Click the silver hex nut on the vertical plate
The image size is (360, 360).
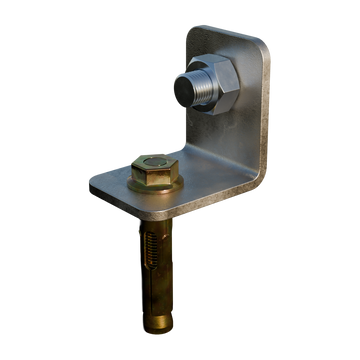point(223,89)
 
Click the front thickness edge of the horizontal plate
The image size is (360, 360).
point(150,207)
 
